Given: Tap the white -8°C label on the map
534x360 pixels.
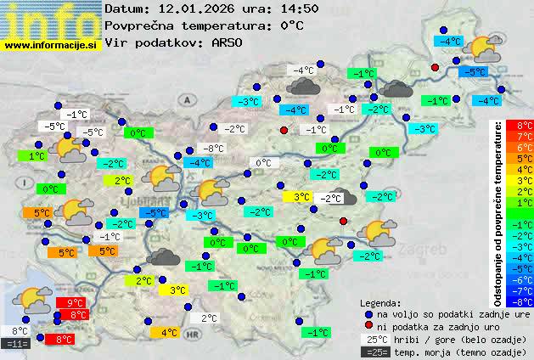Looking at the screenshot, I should click(x=214, y=149).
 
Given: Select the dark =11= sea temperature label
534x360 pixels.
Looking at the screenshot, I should click(x=17, y=343).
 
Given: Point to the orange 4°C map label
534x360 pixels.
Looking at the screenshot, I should click(x=168, y=333).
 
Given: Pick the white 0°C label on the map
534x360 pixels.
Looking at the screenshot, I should click(x=264, y=162).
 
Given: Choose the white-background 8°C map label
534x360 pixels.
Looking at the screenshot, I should click(x=20, y=330).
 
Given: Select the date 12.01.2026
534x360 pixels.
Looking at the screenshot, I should click(x=194, y=8).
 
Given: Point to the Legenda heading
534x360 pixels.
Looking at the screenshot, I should click(x=380, y=302).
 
